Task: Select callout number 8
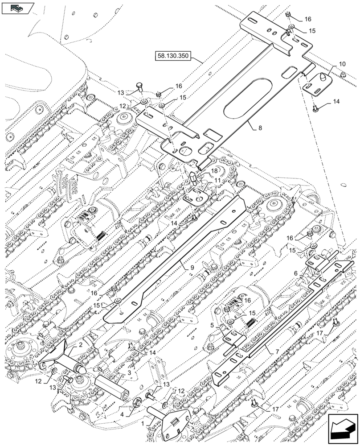coord(260,128)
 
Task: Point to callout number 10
coord(341,64)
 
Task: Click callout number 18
coord(214,171)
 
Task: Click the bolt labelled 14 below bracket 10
coord(315,107)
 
